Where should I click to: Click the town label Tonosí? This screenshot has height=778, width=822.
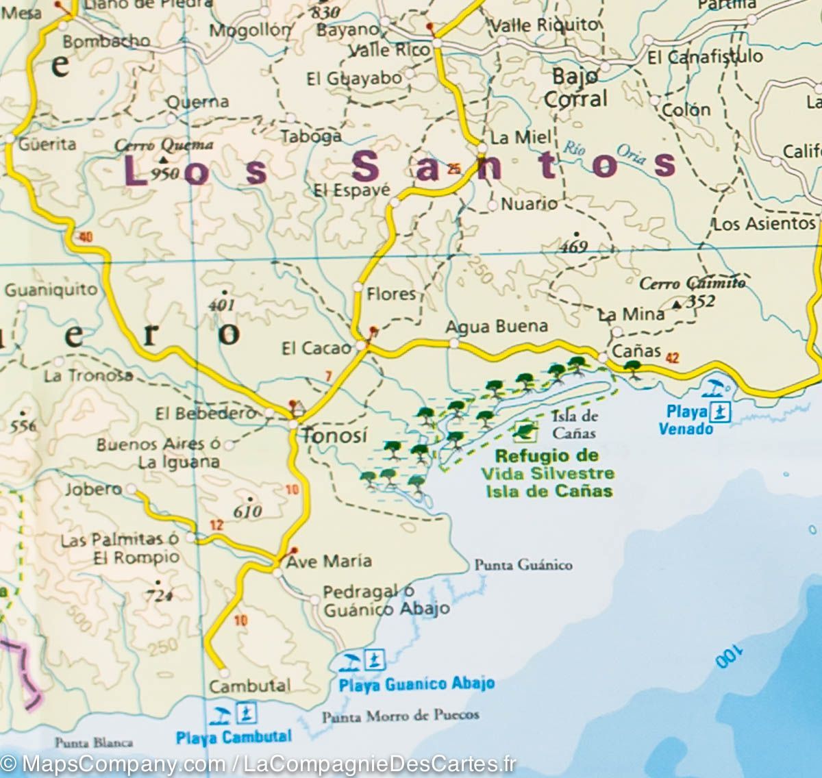click(x=335, y=435)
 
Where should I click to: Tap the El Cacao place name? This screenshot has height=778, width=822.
click(x=316, y=349)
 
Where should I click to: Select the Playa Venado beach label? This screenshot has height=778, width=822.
click(x=685, y=420)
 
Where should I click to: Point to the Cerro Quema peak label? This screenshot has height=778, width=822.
click(x=163, y=145)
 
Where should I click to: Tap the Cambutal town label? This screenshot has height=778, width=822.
click(x=250, y=686)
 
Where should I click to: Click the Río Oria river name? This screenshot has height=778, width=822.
click(x=603, y=151)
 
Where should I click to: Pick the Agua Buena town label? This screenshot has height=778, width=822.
click(x=497, y=327)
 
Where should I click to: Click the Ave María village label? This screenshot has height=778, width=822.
click(x=329, y=562)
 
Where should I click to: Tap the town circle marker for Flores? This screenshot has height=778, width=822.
click(x=358, y=286)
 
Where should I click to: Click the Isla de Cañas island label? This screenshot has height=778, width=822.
click(x=574, y=424)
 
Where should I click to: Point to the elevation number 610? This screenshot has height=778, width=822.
click(x=247, y=511)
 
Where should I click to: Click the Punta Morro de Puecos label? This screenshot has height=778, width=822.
click(x=401, y=716)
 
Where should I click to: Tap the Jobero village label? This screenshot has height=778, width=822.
click(x=93, y=489)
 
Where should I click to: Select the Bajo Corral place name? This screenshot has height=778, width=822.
click(x=575, y=88)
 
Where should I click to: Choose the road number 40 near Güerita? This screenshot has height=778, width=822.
click(x=86, y=238)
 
